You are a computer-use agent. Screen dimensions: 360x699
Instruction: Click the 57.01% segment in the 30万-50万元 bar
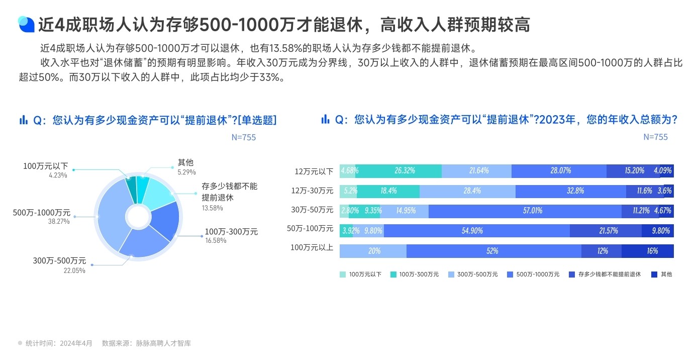[525, 211]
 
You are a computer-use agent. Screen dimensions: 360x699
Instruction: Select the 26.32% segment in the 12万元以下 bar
[399, 171]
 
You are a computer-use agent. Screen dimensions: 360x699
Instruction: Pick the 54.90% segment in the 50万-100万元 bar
[476, 231]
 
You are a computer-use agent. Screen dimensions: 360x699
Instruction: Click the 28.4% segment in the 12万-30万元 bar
[467, 191]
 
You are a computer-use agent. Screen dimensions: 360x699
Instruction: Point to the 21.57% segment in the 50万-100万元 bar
[606, 231]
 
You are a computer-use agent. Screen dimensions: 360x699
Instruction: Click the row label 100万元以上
[312, 247]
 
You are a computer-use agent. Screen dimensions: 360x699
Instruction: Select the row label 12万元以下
[314, 171]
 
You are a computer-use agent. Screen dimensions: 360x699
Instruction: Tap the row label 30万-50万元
[312, 210]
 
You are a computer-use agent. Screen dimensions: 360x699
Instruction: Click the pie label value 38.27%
[59, 221]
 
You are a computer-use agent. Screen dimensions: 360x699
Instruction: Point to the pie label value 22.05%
[73, 271]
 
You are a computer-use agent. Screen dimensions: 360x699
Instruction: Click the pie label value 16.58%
[216, 240]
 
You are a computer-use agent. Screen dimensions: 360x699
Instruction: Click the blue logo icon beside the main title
[26, 24]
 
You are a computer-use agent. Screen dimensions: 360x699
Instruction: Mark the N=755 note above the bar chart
[655, 137]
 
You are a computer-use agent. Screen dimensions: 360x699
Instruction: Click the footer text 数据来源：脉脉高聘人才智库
[146, 343]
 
